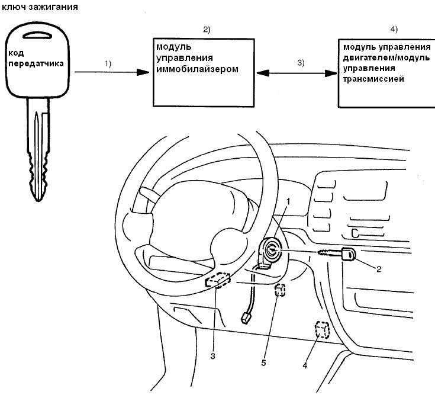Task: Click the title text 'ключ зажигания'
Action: [x=40, y=7]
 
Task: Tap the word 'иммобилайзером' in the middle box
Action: [x=197, y=69]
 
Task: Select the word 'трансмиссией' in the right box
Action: [x=373, y=79]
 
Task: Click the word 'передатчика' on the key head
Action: [x=36, y=63]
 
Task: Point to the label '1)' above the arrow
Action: [x=108, y=63]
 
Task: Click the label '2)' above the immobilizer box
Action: [x=207, y=29]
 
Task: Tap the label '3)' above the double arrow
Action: [x=301, y=62]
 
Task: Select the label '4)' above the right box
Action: [x=394, y=29]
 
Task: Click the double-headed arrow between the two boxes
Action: [x=297, y=73]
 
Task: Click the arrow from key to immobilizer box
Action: [x=112, y=72]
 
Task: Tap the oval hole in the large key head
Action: [x=37, y=35]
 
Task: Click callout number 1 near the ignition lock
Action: [x=288, y=201]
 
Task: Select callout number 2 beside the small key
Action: [x=379, y=268]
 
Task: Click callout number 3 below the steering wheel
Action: [x=213, y=356]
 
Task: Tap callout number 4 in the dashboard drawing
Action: [x=305, y=365]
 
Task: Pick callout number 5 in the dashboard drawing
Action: [x=263, y=362]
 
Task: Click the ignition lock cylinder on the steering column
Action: [x=270, y=249]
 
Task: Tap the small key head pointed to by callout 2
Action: [x=348, y=254]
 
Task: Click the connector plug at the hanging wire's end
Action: [x=245, y=317]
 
